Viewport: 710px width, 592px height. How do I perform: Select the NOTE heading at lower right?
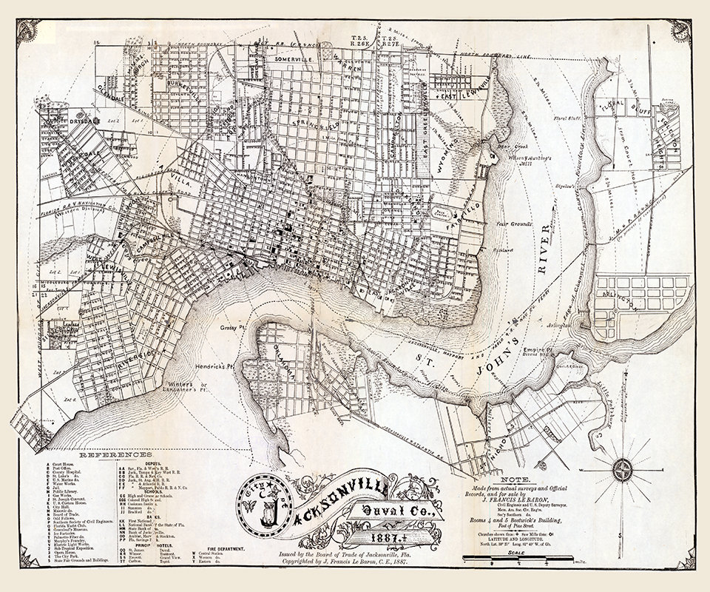(529, 480)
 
